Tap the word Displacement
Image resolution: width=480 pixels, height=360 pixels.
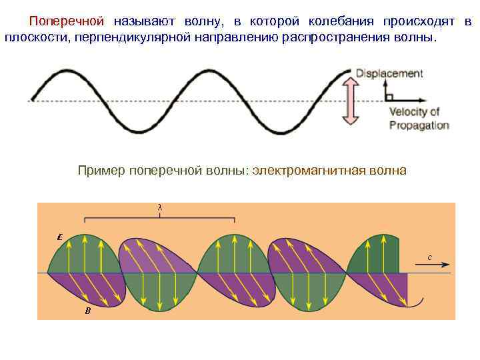(389, 73)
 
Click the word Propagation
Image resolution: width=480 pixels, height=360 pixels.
(419, 125)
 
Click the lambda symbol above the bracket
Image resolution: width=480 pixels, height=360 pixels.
(159, 207)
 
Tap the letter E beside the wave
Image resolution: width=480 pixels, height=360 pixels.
(60, 237)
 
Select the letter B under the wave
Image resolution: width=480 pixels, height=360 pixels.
(87, 311)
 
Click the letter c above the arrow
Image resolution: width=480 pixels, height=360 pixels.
(429, 257)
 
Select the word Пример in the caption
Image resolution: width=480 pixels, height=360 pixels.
(101, 171)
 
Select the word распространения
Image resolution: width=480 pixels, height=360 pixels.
(332, 37)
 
